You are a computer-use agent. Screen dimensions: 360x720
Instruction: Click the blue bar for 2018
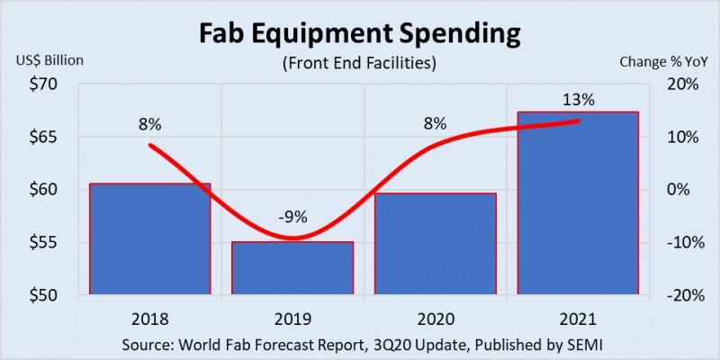pos(150,239)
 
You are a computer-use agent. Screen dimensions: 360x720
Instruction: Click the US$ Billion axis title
pos(49,61)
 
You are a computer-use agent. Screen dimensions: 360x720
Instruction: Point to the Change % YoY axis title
pos(661,61)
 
